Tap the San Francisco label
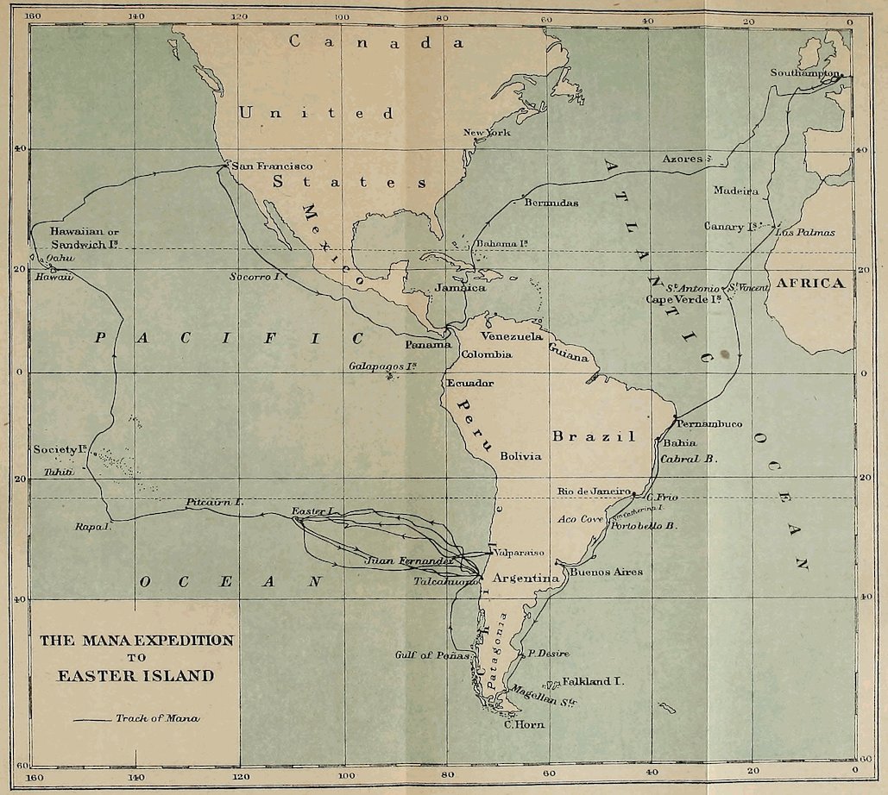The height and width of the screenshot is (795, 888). [273, 166]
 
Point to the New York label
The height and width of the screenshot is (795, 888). [487, 133]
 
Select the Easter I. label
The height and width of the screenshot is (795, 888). [312, 512]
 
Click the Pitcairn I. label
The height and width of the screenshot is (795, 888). [215, 502]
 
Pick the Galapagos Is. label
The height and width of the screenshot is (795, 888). [383, 366]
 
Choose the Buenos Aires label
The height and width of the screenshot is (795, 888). [606, 572]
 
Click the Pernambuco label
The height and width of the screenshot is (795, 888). [709, 424]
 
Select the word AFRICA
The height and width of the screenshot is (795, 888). [809, 284]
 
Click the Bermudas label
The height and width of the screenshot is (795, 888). [551, 203]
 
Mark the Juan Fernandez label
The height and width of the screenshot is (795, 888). [408, 560]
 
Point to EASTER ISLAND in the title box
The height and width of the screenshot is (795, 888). [135, 676]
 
